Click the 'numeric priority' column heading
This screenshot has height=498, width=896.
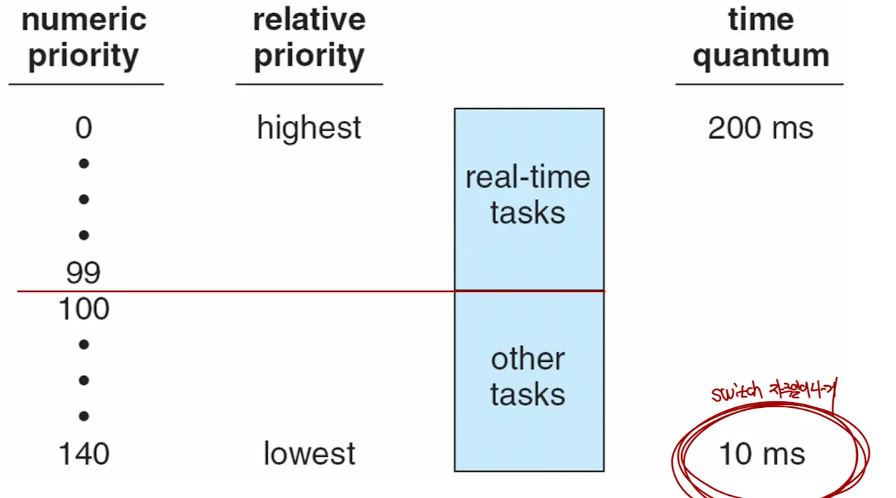83,38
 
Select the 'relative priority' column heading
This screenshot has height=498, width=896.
309,38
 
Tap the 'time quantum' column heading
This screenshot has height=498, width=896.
761,38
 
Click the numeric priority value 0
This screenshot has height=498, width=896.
83,128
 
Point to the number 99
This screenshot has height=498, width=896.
83,273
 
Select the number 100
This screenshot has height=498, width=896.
83,309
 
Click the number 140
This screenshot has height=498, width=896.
83,454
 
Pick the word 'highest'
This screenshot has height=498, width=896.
309,129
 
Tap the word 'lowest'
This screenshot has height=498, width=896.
309,454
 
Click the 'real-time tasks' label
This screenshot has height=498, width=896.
528,195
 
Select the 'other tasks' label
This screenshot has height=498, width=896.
528,376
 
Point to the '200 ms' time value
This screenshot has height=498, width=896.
761,129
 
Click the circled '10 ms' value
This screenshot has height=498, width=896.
762,454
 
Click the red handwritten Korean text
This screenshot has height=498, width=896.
802,390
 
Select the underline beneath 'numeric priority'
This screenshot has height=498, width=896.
86,84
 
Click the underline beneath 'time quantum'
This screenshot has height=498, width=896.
759,84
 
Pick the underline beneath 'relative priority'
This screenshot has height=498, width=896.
309,84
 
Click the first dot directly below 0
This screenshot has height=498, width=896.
83,163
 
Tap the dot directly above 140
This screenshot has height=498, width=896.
83,416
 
